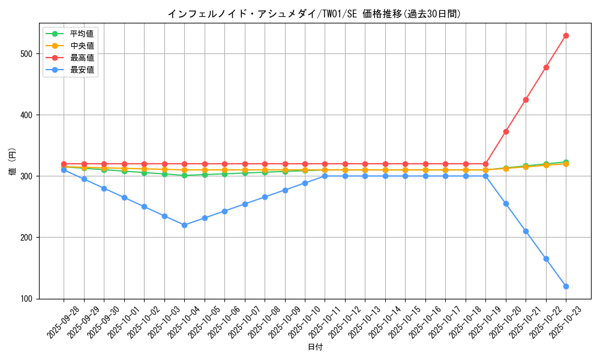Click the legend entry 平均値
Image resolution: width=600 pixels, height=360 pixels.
82,34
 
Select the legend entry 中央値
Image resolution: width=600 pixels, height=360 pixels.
82,46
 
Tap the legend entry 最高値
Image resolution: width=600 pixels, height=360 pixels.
82,58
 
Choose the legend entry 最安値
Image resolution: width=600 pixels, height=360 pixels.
82,70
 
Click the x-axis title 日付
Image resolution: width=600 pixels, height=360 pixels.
315,347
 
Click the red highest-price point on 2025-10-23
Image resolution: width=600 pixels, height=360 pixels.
566,35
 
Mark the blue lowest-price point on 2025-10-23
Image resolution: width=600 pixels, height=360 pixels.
566,286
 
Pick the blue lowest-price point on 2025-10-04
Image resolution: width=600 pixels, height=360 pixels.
184,225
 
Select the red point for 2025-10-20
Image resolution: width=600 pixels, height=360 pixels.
506,131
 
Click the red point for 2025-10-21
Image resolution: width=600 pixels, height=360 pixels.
526,100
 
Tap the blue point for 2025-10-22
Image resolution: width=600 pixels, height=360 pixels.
546,259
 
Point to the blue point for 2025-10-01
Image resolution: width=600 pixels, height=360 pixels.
124,197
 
